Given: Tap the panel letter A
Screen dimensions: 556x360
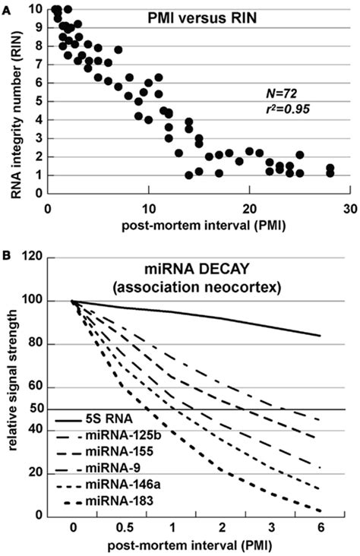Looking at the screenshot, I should click(6, 6).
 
